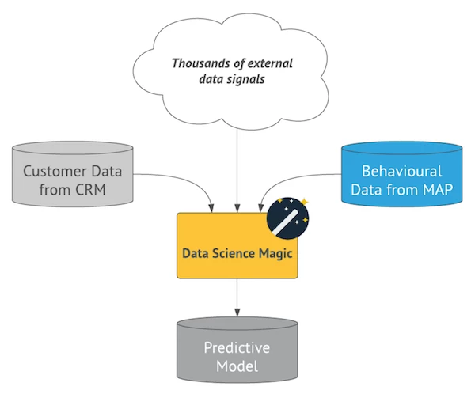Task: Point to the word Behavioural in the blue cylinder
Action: pyautogui.click(x=401, y=171)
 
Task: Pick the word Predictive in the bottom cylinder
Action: pyautogui.click(x=237, y=348)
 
